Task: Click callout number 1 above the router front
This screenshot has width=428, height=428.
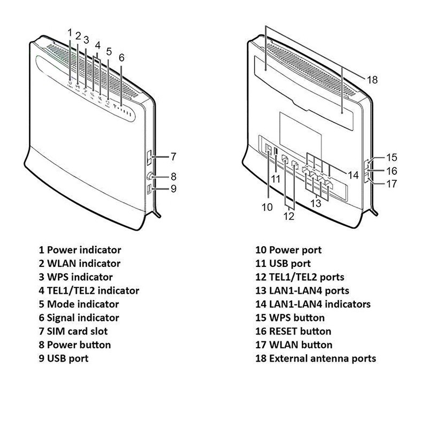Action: pyautogui.click(x=70, y=32)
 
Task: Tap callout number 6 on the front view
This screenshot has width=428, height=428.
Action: pyautogui.click(x=121, y=57)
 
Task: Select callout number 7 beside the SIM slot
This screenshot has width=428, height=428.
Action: pyautogui.click(x=173, y=157)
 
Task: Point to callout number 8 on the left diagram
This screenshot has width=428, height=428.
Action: pyautogui.click(x=173, y=176)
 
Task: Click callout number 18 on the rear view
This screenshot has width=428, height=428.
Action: pyautogui.click(x=372, y=79)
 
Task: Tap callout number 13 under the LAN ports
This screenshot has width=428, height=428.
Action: pyautogui.click(x=316, y=203)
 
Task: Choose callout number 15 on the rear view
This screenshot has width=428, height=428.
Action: pyautogui.click(x=392, y=158)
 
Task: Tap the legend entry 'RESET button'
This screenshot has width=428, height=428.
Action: pyautogui.click(x=300, y=331)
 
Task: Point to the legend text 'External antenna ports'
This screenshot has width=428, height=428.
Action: pyautogui.click(x=323, y=358)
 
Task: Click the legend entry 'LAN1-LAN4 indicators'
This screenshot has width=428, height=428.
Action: pyautogui.click(x=320, y=304)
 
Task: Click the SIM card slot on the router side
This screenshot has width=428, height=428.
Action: pyautogui.click(x=150, y=157)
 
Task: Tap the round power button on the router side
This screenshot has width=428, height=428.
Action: pyautogui.click(x=149, y=176)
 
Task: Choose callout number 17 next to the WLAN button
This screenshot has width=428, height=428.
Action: pyautogui.click(x=392, y=184)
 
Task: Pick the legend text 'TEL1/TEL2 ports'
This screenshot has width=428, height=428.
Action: pyautogui.click(x=307, y=277)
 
